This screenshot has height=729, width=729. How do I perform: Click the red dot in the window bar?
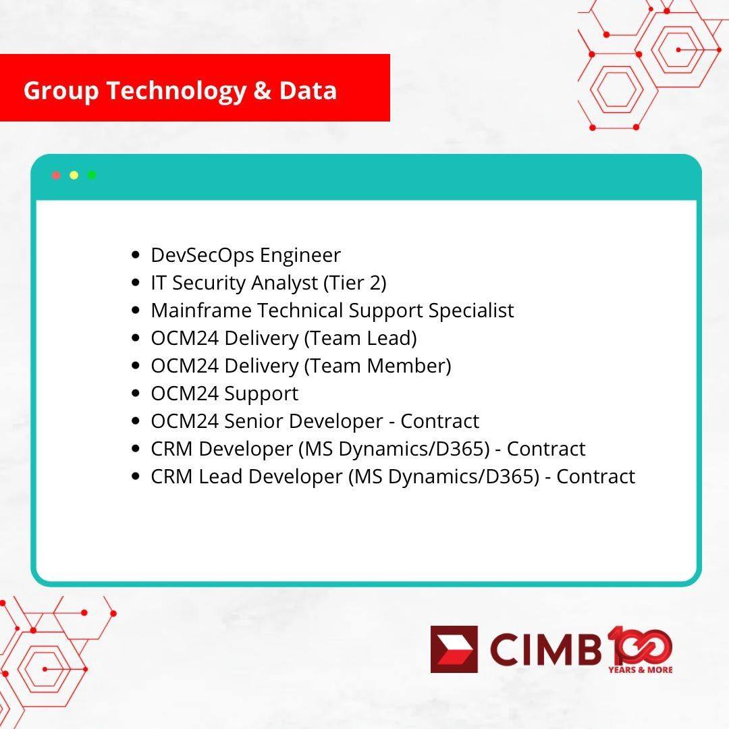tap(56, 175)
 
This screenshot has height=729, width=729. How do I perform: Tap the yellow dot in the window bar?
tap(74, 175)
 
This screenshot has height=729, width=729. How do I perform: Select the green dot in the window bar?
tap(92, 175)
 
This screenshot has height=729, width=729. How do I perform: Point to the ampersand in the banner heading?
tap(263, 90)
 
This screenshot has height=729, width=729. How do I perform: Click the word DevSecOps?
tap(202, 256)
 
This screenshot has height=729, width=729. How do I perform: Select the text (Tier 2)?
tap(355, 283)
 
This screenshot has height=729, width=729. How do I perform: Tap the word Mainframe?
tap(201, 310)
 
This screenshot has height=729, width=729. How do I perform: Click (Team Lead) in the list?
tap(360, 338)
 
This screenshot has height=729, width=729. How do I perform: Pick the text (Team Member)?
tap(377, 367)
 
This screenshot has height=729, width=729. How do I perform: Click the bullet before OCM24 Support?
tap(136, 394)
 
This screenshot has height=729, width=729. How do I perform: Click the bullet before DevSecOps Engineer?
tap(136, 254)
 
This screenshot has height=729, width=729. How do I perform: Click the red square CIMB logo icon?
tap(454, 649)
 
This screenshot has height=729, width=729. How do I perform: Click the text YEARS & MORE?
tap(640, 670)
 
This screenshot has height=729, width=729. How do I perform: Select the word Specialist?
tap(471, 311)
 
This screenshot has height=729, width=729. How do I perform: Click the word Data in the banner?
tap(308, 90)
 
